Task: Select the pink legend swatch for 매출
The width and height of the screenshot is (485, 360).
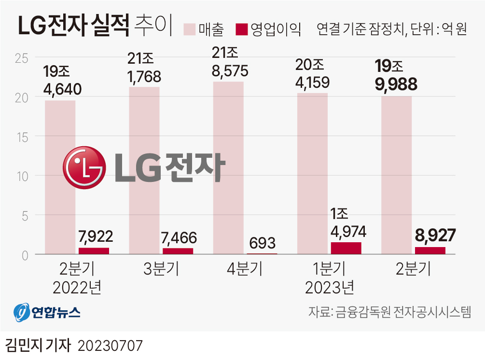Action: (x=190, y=29)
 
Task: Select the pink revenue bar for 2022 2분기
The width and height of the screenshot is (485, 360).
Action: (x=60, y=177)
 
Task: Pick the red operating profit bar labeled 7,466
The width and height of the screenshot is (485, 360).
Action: (x=178, y=251)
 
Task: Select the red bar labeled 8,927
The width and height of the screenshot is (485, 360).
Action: (x=430, y=250)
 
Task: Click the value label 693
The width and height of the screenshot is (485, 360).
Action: (x=263, y=242)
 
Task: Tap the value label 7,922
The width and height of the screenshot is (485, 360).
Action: (x=96, y=236)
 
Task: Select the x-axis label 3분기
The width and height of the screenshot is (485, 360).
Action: (x=161, y=269)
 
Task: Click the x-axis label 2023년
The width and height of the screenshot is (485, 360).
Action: (x=330, y=288)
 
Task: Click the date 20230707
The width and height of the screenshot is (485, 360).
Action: (x=111, y=346)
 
